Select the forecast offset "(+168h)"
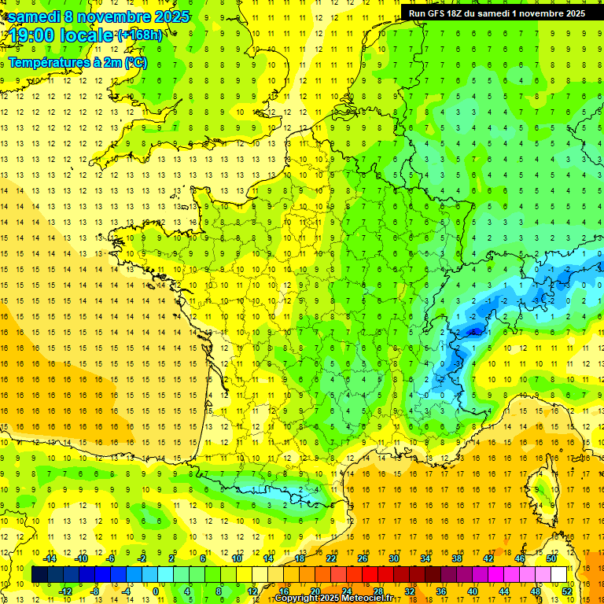[x=140, y=35]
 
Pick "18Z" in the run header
[x=464, y=13]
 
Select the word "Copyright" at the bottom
[x=298, y=598]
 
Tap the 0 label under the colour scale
[x=156, y=591]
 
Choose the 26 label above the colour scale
[x=363, y=558]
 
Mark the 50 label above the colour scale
[x=551, y=558]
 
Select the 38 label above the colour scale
[x=457, y=558]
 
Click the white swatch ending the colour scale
[x=559, y=574]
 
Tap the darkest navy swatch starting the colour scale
[x=39, y=574]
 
